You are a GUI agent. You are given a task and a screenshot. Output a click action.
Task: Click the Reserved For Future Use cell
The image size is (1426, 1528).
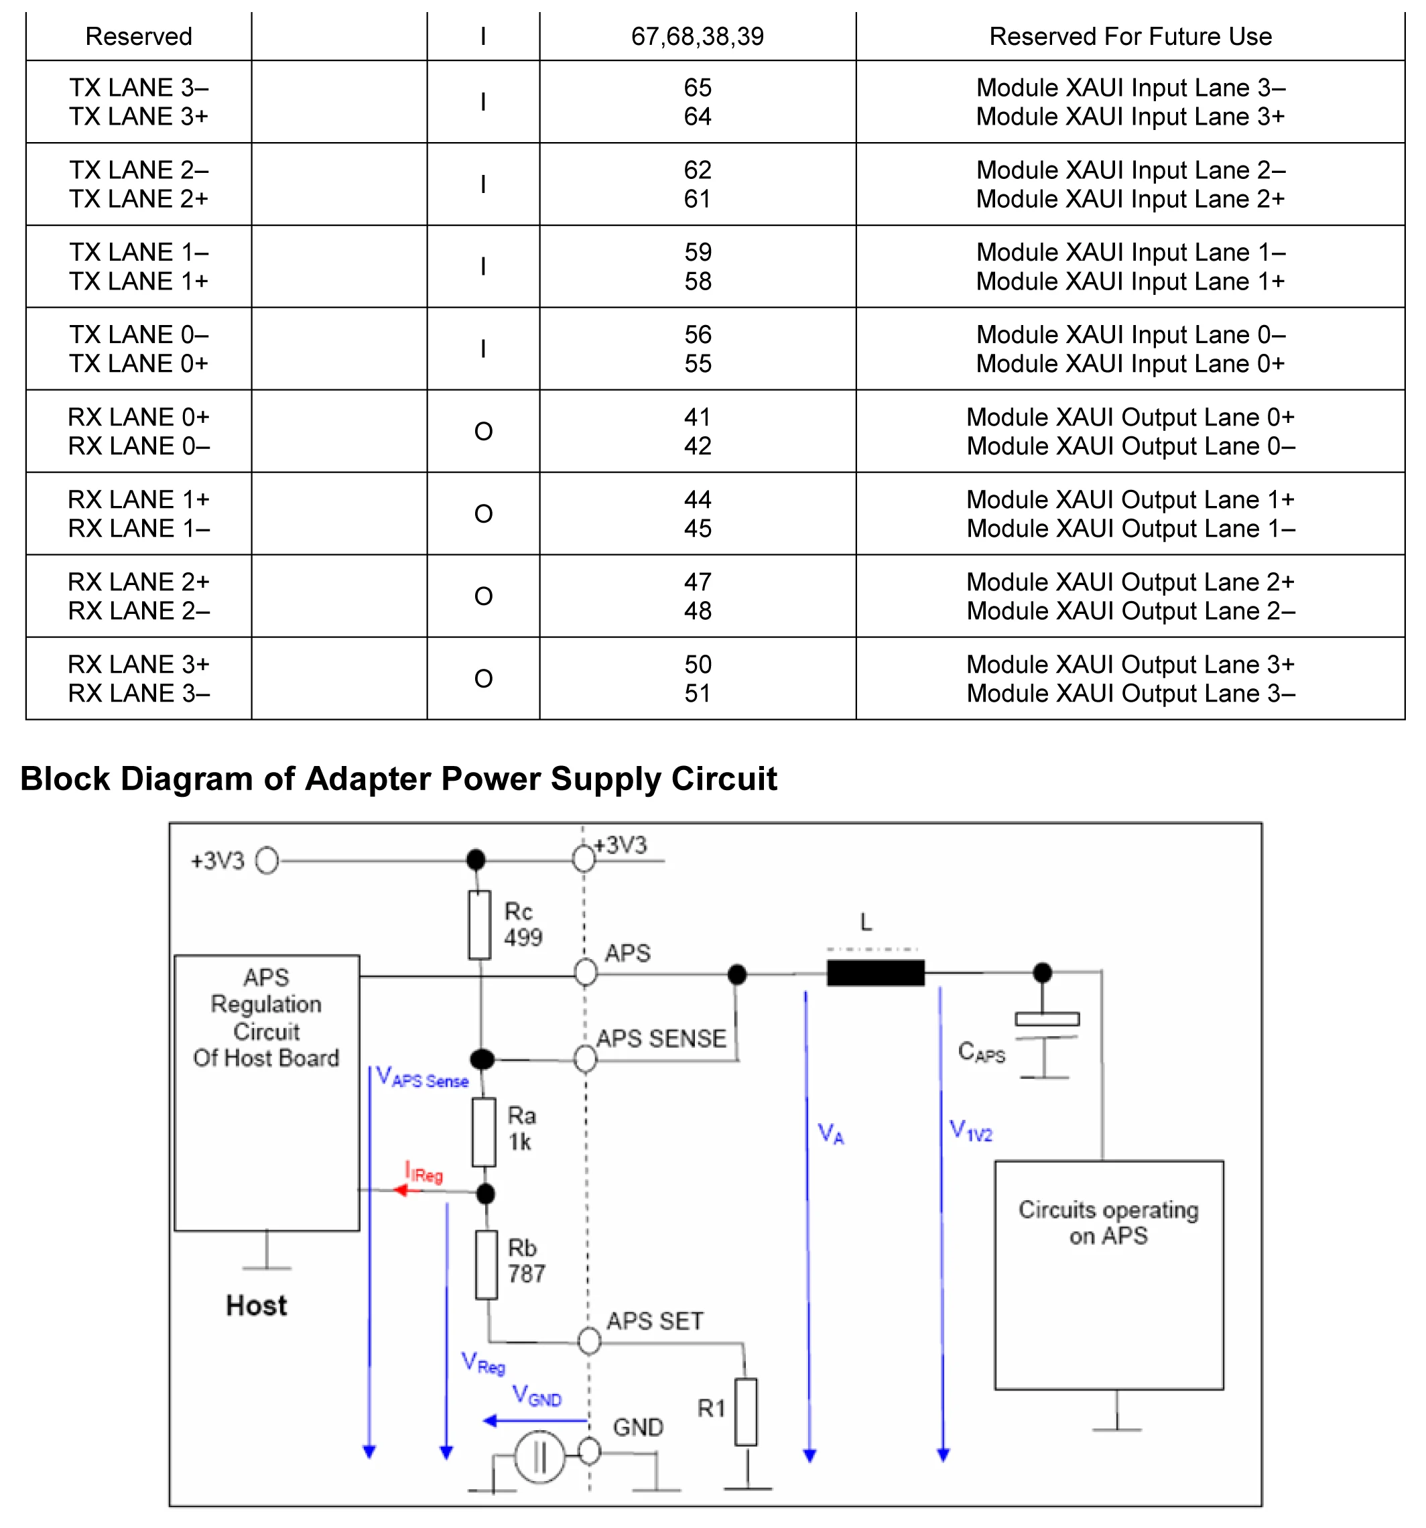pos(1129,36)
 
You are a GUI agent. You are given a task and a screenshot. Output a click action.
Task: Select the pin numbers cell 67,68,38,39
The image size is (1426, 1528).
pos(697,36)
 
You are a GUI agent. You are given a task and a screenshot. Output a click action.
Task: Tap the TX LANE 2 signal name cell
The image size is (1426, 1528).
pos(138,184)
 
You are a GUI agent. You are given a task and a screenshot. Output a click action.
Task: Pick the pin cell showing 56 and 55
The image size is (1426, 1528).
pos(697,349)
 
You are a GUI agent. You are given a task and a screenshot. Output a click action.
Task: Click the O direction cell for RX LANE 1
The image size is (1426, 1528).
pos(482,513)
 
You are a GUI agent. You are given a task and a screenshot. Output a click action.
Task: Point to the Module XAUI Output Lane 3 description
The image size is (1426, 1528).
pos(1129,679)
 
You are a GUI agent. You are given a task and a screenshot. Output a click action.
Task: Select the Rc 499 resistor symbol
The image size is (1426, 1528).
pos(480,925)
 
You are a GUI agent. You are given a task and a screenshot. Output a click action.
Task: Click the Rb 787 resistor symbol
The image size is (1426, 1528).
pos(486,1265)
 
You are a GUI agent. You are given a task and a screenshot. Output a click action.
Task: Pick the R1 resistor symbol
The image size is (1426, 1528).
pos(746,1411)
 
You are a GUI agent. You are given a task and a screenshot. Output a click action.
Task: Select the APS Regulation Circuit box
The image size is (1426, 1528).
pos(267,1092)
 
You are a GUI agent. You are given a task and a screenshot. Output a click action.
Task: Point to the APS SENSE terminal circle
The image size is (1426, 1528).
pos(586,1059)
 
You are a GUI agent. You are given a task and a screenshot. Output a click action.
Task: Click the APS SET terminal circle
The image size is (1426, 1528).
pos(589,1341)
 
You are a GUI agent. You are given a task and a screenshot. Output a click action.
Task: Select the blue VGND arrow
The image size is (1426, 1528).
pos(535,1420)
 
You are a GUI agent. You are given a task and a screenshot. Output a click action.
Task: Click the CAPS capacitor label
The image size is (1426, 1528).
pos(981,1052)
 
